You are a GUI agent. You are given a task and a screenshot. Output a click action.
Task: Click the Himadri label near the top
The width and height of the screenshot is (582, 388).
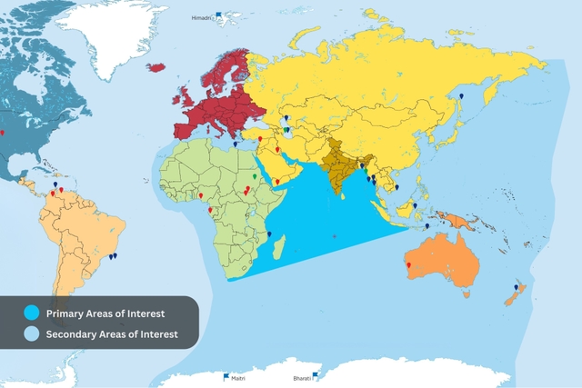(201, 17)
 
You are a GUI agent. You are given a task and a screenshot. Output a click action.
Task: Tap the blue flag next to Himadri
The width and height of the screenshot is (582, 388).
(218, 15)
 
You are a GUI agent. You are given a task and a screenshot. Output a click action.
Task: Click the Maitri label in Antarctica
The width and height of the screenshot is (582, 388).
(238, 378)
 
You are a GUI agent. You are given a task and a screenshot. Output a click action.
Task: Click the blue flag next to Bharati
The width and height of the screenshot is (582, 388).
(315, 373)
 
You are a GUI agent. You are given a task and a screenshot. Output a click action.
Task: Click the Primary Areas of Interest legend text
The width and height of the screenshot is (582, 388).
(105, 313)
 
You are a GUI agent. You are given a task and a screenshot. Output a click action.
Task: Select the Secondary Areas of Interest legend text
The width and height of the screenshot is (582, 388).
(113, 334)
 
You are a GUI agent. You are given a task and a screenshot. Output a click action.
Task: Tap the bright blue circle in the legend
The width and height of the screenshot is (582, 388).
(33, 313)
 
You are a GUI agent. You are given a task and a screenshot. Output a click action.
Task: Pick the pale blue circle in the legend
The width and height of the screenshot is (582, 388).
(33, 334)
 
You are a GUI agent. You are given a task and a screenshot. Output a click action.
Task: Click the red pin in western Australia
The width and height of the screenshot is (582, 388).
(409, 266)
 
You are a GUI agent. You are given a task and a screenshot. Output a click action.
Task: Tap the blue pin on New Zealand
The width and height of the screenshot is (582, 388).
(516, 287)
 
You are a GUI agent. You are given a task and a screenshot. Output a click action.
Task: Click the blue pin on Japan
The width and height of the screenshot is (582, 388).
(461, 95)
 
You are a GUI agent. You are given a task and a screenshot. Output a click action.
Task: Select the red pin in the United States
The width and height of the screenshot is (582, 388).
(3, 133)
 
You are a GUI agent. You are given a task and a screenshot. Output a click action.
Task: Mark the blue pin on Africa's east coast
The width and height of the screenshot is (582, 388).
(269, 234)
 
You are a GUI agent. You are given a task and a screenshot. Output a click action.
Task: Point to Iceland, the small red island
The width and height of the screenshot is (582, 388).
(156, 66)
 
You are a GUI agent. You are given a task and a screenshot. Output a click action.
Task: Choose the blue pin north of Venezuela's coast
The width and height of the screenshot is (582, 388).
(56, 182)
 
